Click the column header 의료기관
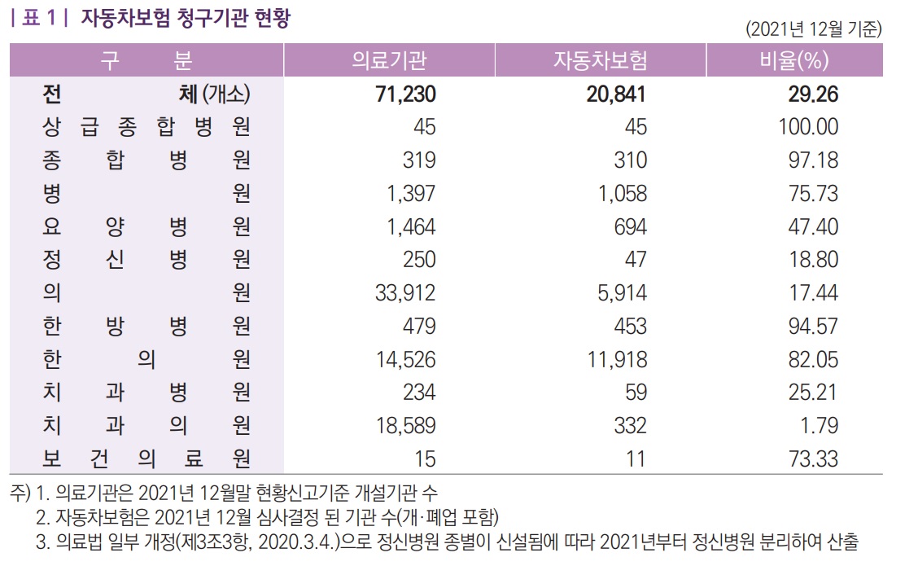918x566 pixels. coord(389,60)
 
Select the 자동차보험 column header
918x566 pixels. coord(600,60)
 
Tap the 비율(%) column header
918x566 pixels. coord(793,60)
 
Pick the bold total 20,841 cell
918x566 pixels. coord(615,94)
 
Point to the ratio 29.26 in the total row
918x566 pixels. coord(812,94)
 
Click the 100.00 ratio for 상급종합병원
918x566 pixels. coord(807,127)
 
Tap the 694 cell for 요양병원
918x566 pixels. coord(631,226)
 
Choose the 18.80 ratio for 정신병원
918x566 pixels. coord(812,260)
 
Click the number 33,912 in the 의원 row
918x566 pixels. coord(405,293)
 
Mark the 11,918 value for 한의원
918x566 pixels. coord(616,359)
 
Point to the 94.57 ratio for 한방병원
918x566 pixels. coord(812,327)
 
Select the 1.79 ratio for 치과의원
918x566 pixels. coord(818,425)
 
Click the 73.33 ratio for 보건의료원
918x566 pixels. coord(812,459)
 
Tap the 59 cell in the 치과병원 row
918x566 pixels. coord(636,393)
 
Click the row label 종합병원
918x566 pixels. coord(146,160)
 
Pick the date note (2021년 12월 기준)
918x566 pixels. coord(813,29)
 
